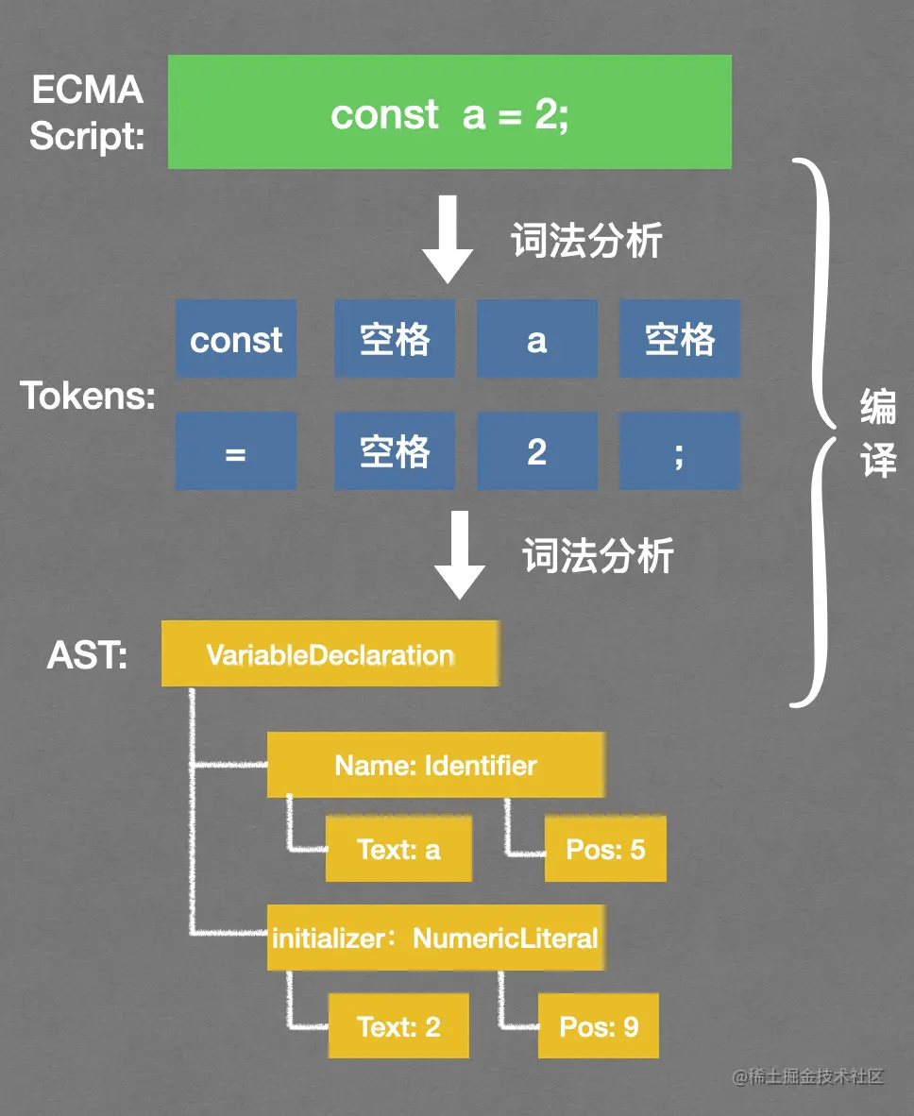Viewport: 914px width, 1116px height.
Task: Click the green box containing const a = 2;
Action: [449, 112]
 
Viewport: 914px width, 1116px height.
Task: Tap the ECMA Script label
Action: [87, 113]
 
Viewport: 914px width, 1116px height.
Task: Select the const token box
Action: [236, 339]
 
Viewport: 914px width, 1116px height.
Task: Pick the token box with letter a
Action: [536, 339]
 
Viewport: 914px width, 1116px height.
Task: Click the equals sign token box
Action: [236, 452]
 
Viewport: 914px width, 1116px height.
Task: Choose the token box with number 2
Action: [536, 452]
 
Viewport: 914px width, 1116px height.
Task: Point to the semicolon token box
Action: [679, 452]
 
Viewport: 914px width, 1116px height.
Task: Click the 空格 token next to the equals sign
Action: [395, 452]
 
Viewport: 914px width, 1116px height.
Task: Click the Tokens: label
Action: [88, 396]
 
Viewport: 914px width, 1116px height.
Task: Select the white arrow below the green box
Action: [447, 239]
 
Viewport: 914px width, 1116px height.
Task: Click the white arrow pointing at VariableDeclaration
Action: [459, 554]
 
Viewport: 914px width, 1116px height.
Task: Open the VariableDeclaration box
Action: [330, 653]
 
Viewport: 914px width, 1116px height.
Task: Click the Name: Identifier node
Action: [435, 765]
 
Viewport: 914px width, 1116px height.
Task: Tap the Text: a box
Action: [398, 850]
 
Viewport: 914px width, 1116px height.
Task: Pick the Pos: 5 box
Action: [605, 850]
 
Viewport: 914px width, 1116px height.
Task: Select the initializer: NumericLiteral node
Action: [435, 938]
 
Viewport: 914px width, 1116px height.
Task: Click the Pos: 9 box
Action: [599, 1025]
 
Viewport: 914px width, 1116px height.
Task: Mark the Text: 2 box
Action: [398, 1025]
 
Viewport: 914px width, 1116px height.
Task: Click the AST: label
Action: [87, 654]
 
